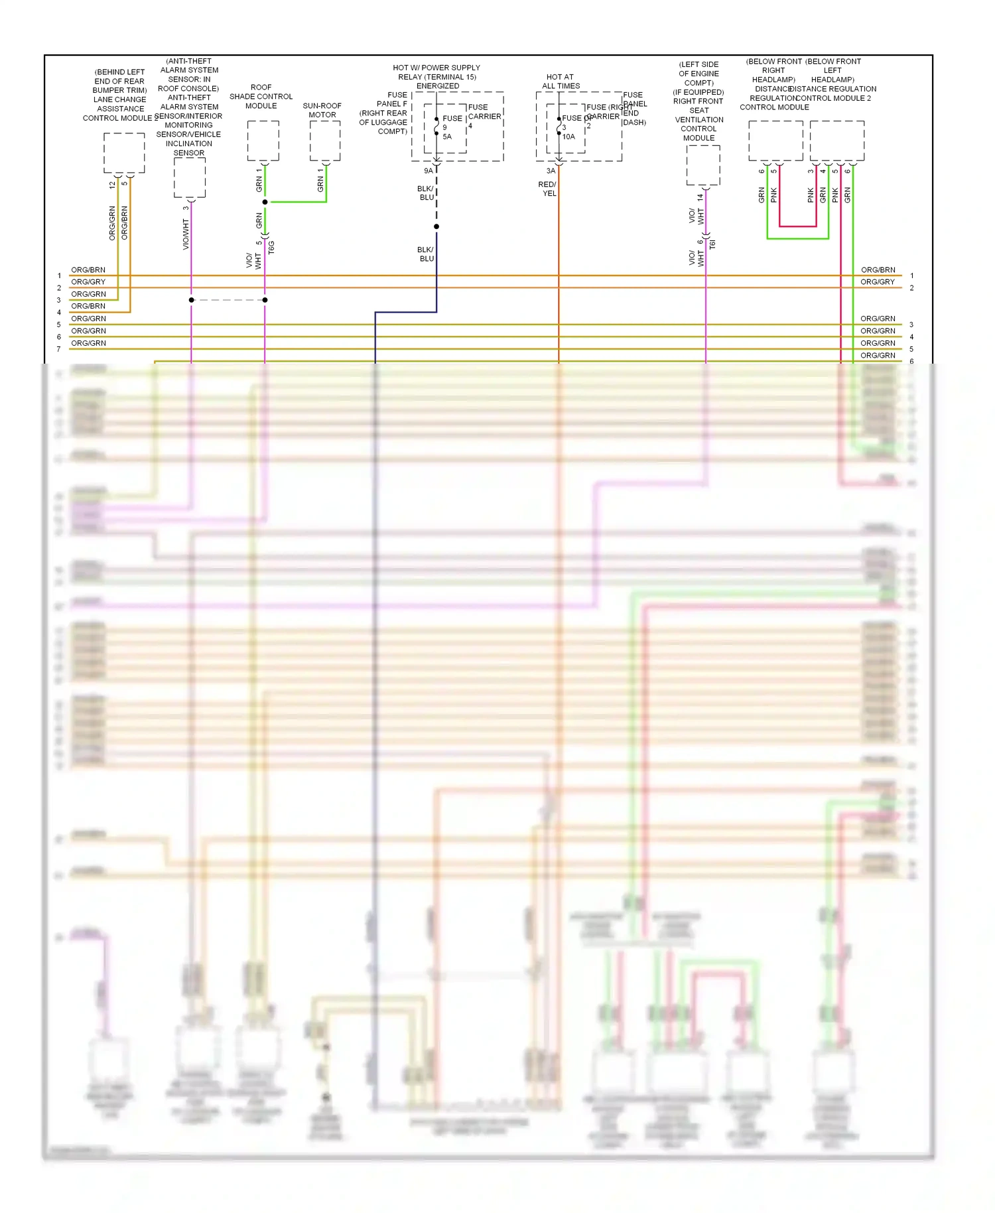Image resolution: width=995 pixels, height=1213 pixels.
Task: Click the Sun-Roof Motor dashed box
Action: pyautogui.click(x=325, y=141)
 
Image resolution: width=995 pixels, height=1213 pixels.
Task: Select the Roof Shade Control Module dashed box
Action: pyautogui.click(x=263, y=141)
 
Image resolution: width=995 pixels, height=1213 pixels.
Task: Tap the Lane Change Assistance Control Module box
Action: pyautogui.click(x=124, y=153)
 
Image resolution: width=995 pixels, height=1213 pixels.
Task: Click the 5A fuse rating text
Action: pyautogui.click(x=447, y=137)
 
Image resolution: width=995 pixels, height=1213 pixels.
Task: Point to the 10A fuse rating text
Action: pyautogui.click(x=568, y=137)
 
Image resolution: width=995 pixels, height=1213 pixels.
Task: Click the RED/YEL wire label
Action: pyautogui.click(x=548, y=189)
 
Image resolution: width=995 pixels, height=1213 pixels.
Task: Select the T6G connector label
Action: pyautogui.click(x=271, y=248)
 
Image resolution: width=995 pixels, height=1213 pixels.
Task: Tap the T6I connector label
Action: pyautogui.click(x=712, y=244)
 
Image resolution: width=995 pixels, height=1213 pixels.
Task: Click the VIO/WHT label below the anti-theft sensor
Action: pyautogui.click(x=186, y=235)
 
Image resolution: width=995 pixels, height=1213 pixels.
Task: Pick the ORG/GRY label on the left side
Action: pyautogui.click(x=88, y=282)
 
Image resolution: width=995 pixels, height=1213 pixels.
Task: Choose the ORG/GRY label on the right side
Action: pyautogui.click(x=877, y=282)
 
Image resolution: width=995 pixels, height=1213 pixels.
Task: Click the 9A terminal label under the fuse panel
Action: pyautogui.click(x=429, y=171)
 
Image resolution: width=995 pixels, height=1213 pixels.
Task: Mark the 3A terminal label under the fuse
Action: pyautogui.click(x=551, y=171)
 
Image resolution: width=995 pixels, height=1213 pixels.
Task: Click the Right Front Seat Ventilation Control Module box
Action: pyautogui.click(x=703, y=165)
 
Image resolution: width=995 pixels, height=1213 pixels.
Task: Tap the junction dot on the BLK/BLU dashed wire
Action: pyautogui.click(x=436, y=227)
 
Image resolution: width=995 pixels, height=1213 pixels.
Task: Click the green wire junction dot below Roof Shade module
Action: pyautogui.click(x=265, y=202)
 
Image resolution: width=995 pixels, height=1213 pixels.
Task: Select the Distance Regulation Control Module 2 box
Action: pyautogui.click(x=836, y=141)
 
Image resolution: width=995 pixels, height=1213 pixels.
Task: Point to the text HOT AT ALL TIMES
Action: pyautogui.click(x=561, y=81)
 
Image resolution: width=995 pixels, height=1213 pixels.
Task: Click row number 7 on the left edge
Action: pyautogui.click(x=58, y=349)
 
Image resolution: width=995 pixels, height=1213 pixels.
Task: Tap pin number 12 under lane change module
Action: pyautogui.click(x=112, y=185)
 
